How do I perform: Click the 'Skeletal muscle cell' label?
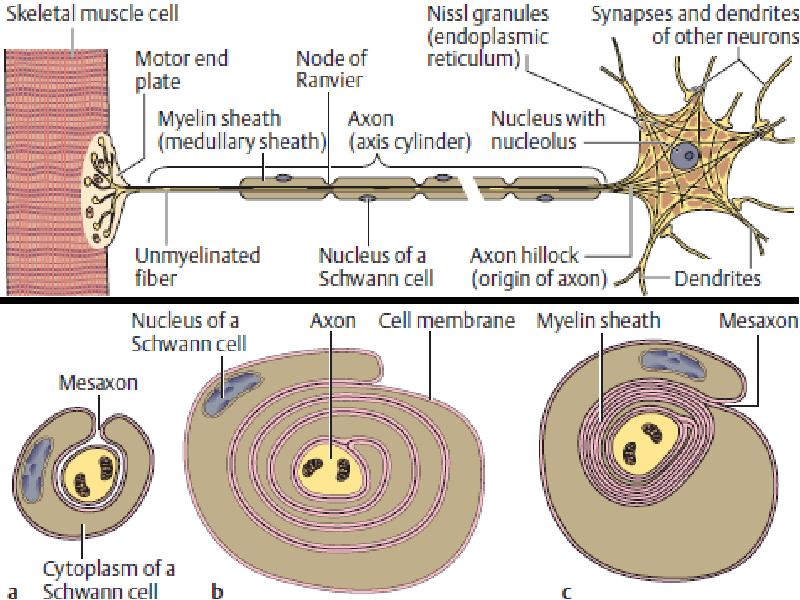(x=92, y=13)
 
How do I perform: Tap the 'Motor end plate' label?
(x=181, y=70)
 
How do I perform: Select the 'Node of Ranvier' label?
(x=331, y=69)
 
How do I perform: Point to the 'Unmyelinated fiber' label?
(x=197, y=266)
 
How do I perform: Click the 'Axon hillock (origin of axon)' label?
(x=538, y=266)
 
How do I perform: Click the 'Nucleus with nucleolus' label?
(x=547, y=130)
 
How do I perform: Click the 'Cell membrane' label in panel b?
(x=446, y=321)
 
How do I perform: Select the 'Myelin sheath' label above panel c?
(x=598, y=321)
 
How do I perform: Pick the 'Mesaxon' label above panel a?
(x=98, y=383)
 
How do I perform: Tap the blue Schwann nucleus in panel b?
(x=232, y=393)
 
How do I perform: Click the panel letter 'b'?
(x=217, y=591)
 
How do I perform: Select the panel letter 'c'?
(x=566, y=592)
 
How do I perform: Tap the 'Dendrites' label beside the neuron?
(x=717, y=279)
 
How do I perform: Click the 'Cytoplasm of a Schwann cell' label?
(x=108, y=580)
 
